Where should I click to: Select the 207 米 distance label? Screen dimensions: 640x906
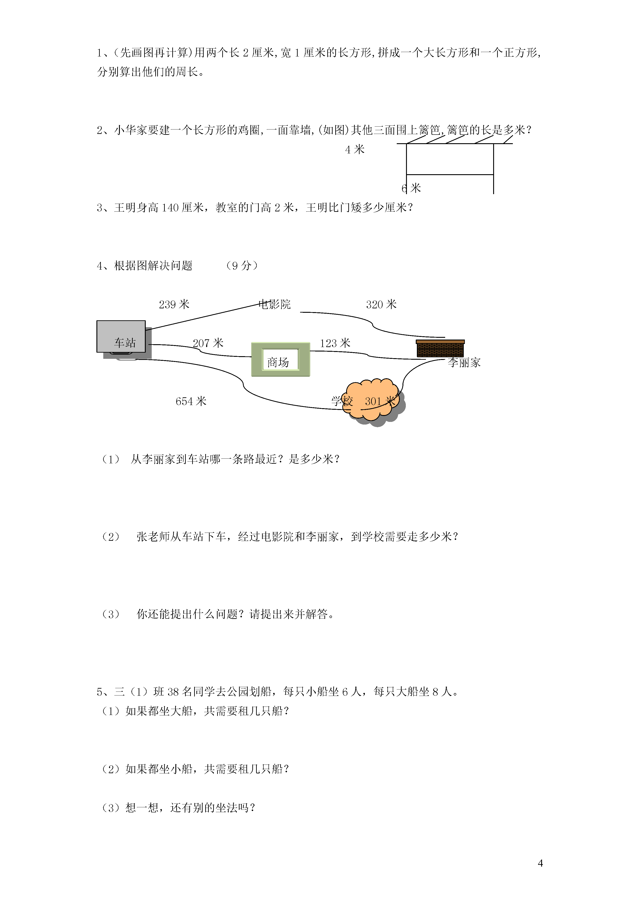tap(208, 343)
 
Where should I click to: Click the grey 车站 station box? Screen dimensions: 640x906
tap(121, 337)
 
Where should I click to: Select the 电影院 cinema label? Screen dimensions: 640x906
tap(274, 304)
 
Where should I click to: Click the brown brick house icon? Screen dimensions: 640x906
tap(440, 348)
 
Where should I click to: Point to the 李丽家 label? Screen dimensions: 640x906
tap(464, 363)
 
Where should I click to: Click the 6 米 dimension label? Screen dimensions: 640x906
tap(411, 188)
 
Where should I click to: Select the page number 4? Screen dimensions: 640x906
tap(540, 863)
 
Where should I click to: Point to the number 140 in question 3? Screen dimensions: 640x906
tap(170, 208)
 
